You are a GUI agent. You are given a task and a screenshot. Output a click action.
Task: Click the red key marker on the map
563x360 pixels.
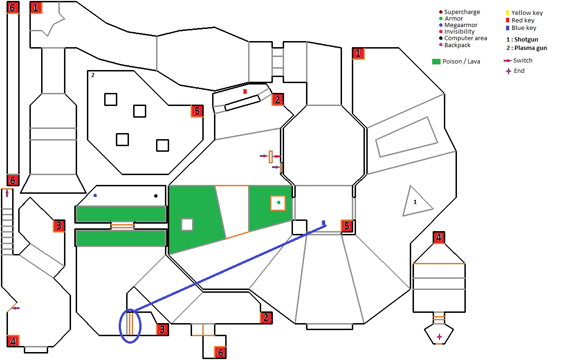coord(245,92)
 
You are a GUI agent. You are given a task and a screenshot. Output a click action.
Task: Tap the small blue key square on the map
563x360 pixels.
coord(323,223)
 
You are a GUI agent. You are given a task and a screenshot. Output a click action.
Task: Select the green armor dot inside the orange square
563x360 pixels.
coord(278,203)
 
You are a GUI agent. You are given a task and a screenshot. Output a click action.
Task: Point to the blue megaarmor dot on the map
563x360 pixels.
coord(95,196)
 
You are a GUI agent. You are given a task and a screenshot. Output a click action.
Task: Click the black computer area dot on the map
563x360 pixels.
coord(156,196)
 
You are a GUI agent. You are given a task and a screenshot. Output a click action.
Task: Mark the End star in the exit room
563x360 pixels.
coord(439,337)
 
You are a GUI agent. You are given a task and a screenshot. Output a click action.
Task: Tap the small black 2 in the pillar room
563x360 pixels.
coord(93,75)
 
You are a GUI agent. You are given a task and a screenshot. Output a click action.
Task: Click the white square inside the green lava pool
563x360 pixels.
coord(187,225)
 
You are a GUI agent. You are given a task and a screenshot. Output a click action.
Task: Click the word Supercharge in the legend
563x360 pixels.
coord(462,12)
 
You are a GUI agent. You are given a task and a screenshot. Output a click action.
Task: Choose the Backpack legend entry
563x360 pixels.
coord(455,45)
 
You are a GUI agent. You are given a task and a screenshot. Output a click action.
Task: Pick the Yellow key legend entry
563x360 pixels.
coord(524,13)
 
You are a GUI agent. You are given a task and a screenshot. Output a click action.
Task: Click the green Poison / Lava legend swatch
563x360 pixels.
coord(436,62)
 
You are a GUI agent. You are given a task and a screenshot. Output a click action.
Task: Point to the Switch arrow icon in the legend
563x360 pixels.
coord(508,61)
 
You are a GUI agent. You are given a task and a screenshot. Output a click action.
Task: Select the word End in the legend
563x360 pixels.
coord(519,71)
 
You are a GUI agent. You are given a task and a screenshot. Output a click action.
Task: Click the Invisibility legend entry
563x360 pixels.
coord(456,31)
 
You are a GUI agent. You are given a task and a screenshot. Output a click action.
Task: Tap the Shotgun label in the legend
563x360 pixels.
coord(526,39)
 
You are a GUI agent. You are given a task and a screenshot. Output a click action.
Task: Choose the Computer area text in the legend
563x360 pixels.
coord(465,38)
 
